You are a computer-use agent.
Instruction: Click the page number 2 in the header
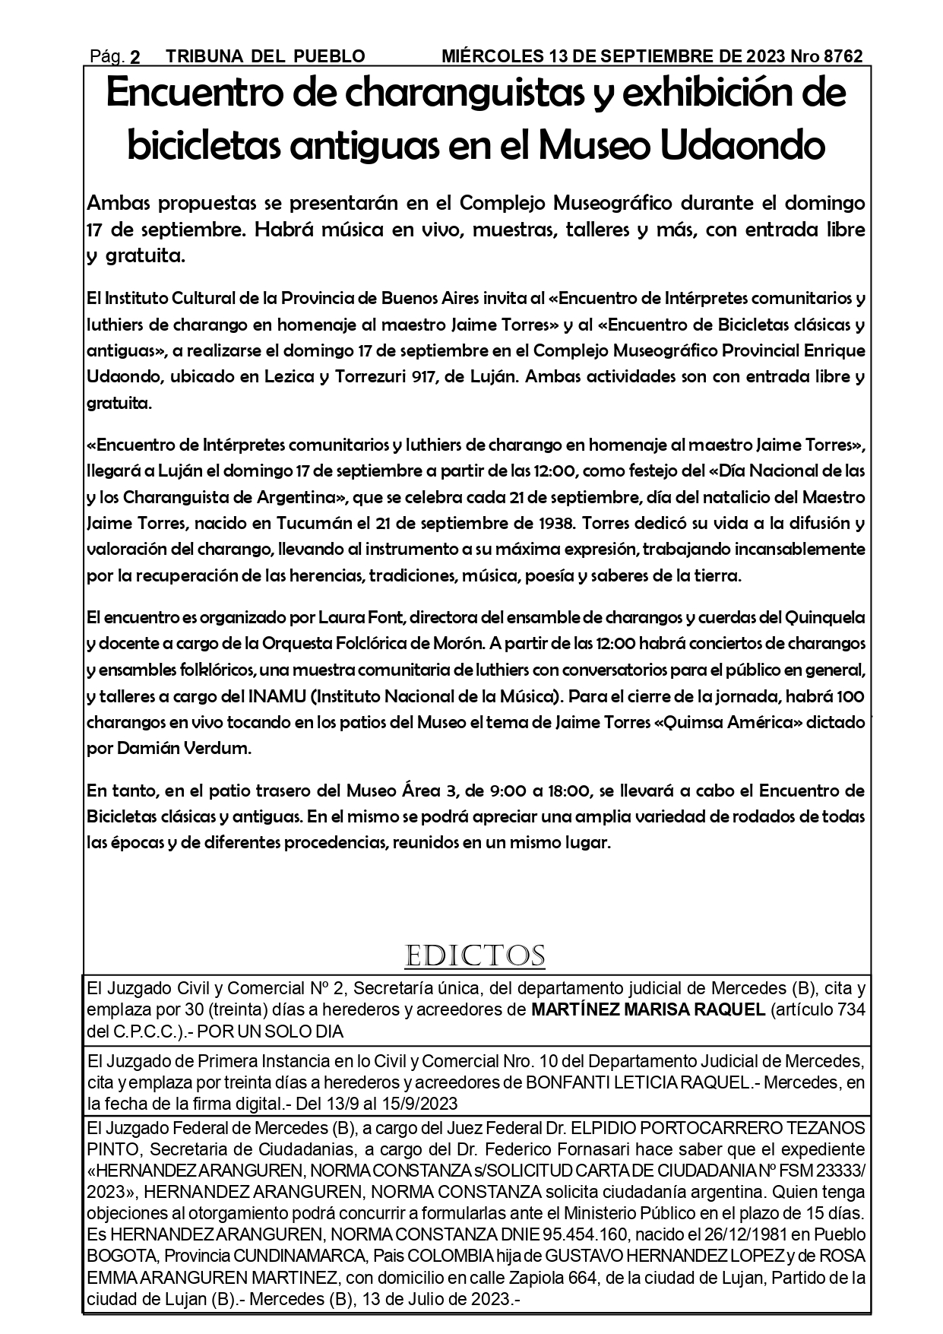tap(135, 57)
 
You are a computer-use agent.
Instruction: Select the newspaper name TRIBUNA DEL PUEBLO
tap(265, 56)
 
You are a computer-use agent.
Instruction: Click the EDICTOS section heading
tap(475, 955)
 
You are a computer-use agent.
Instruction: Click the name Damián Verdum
tap(184, 748)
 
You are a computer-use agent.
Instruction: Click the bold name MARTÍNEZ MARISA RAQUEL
tap(647, 1010)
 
